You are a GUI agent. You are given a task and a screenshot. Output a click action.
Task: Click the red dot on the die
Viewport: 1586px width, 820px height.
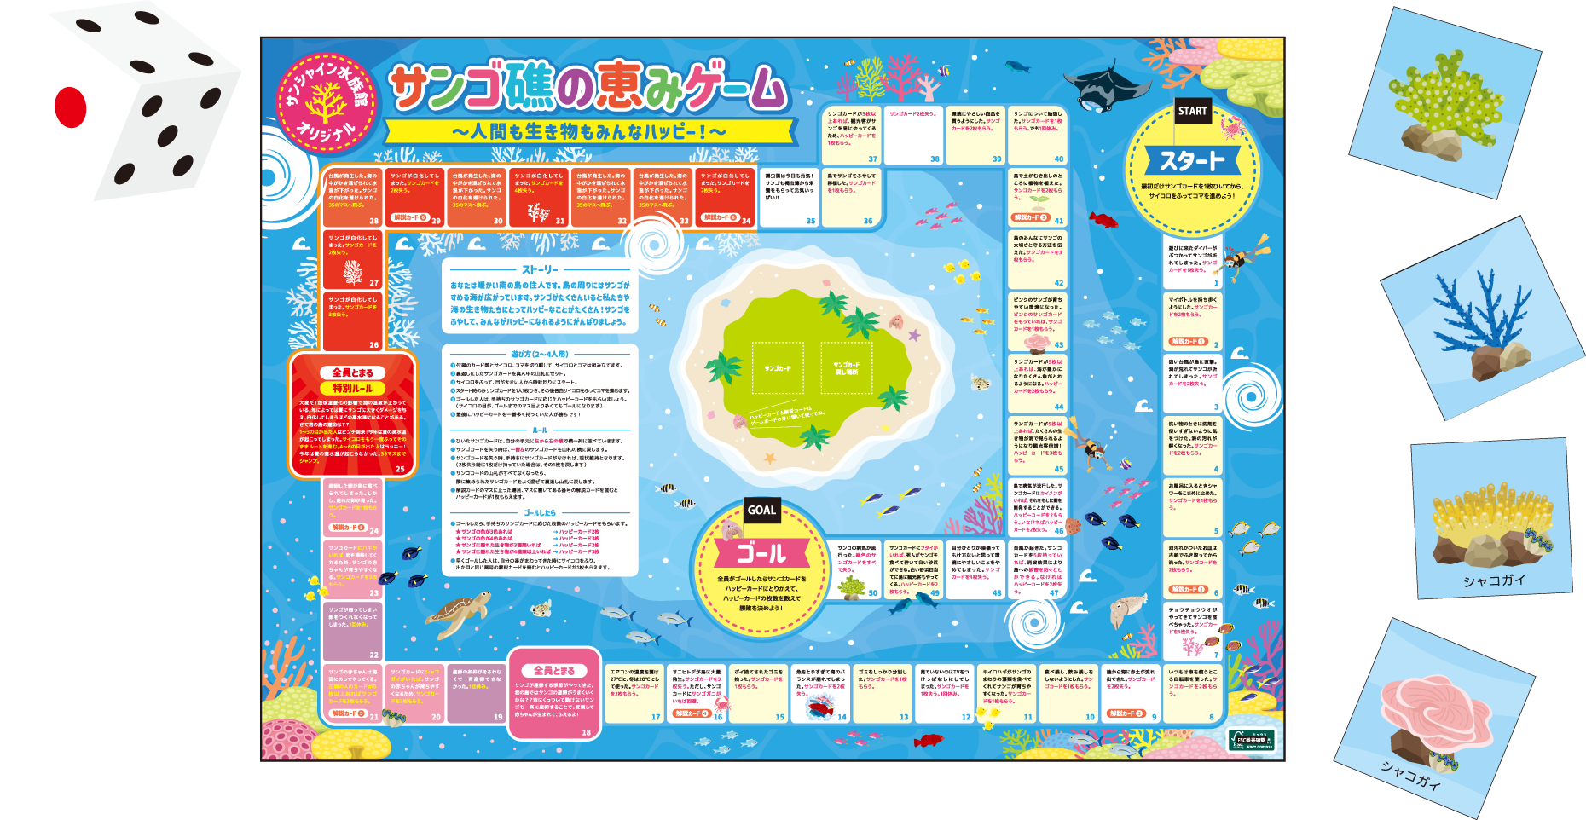[70, 107]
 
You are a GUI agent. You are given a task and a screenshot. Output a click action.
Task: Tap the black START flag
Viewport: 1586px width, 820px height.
[1192, 111]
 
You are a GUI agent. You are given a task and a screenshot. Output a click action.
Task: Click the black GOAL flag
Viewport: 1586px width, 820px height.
[761, 510]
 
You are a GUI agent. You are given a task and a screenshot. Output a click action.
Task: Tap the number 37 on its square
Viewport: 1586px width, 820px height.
[872, 159]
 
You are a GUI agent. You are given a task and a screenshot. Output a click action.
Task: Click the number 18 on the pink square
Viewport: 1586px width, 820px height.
[586, 732]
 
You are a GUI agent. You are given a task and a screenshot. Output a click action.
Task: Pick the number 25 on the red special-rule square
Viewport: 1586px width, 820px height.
[400, 469]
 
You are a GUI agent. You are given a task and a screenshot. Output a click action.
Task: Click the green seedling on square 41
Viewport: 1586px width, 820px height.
[1038, 204]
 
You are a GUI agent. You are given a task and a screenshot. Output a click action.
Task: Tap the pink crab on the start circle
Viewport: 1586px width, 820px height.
[1230, 129]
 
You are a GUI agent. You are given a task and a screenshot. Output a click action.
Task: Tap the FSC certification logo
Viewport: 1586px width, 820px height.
[1251, 739]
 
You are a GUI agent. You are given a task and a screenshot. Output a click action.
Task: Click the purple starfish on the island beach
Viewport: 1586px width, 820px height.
[914, 335]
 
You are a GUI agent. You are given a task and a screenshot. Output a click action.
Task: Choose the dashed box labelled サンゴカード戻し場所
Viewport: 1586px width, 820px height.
[846, 367]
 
